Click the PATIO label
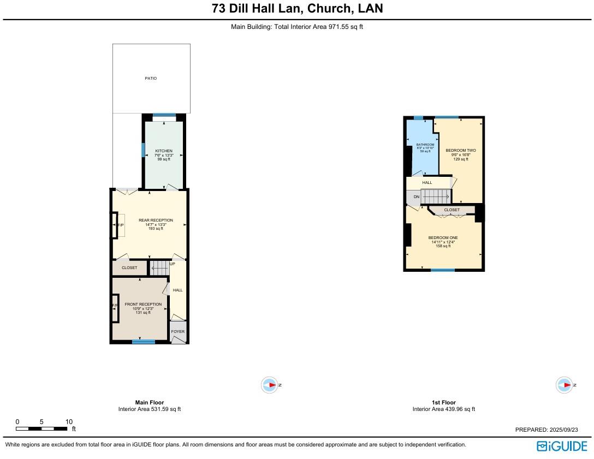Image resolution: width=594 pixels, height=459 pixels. click(151, 79)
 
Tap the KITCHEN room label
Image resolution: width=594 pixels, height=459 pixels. click(164, 151)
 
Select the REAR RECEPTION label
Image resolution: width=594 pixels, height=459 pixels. click(156, 220)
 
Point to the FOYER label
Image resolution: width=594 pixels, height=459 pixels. click(178, 332)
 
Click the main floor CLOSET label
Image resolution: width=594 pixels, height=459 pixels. click(129, 268)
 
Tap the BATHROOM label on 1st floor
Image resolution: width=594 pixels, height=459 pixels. click(425, 145)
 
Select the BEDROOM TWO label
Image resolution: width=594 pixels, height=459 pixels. click(460, 151)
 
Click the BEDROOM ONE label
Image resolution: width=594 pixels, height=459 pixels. click(443, 238)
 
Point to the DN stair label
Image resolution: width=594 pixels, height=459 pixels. click(416, 197)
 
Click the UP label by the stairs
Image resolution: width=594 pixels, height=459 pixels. click(173, 264)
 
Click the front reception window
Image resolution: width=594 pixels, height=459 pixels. click(144, 342)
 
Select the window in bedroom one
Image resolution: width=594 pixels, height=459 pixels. click(442, 270)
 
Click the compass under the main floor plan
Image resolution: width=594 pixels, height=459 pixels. click(270, 385)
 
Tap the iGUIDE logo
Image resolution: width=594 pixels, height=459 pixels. click(562, 446)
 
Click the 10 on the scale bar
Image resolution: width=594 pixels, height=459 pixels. click(69, 422)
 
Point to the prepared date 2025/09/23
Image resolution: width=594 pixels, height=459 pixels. click(566, 430)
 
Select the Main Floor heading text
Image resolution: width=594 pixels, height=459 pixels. click(150, 403)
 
